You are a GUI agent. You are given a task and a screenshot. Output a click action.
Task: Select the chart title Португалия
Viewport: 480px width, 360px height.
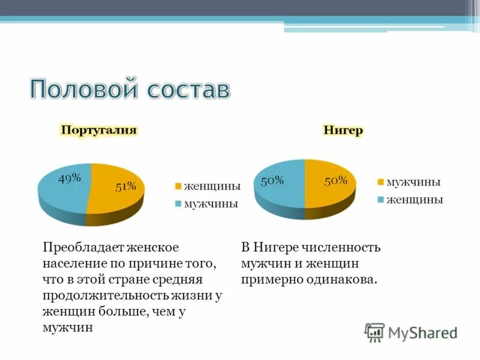[98, 130]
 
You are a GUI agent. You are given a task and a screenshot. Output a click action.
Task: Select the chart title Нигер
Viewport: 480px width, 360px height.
[343, 130]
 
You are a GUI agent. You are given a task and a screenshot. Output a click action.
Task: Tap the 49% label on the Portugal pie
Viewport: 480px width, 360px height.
[70, 178]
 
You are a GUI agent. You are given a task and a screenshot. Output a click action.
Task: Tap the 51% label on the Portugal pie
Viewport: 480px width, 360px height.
[126, 186]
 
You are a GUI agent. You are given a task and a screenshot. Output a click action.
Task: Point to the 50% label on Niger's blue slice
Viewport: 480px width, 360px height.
[272, 180]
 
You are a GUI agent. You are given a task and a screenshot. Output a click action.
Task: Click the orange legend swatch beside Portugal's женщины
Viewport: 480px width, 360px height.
[178, 187]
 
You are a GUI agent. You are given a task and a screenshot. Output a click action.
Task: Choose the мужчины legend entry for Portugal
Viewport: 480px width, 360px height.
[211, 203]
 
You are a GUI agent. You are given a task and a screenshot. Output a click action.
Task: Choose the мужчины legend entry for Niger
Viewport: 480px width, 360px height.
[413, 182]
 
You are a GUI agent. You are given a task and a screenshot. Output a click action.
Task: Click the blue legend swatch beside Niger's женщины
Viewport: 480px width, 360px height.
[380, 200]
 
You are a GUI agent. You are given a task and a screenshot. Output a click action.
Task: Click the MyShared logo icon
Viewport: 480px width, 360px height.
[374, 332]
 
